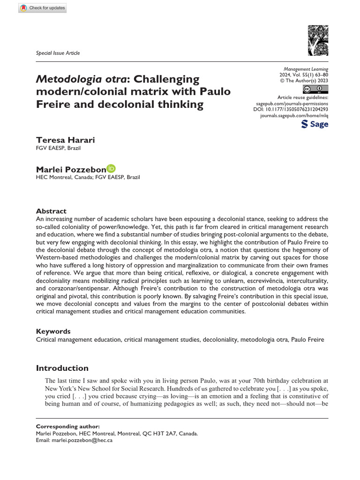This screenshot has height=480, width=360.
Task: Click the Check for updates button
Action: point(43,8)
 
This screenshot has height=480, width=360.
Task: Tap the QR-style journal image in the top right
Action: point(318,41)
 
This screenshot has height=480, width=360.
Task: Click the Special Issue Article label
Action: point(58,53)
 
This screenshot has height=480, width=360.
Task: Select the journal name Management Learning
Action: point(309,69)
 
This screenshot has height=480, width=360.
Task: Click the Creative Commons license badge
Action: point(315,89)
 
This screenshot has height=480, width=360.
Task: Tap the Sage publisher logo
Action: point(315,124)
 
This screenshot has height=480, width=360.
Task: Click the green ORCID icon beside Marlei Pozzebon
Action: point(111,168)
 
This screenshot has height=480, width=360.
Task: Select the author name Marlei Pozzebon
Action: point(70,169)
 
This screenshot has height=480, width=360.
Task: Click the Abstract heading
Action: point(51,211)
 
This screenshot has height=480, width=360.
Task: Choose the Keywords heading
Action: point(53,331)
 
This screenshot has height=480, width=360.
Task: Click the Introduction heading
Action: point(62,368)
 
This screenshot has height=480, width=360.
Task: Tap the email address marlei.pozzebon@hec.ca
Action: point(83,441)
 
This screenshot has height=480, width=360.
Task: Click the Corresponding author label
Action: point(67,426)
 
